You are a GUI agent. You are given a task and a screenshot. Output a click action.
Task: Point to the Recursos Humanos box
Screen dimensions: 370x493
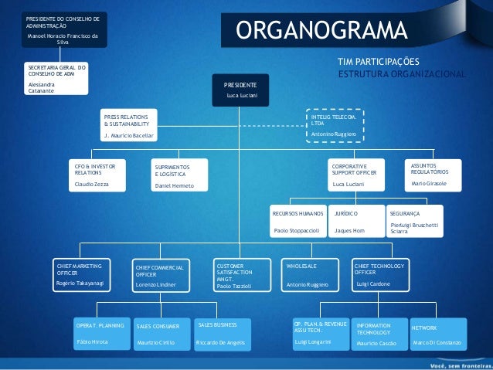pos(298,220)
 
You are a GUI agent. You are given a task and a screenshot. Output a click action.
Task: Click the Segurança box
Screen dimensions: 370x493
pos(414,220)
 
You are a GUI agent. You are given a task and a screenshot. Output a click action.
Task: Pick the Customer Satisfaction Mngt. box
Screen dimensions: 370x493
pos(241,275)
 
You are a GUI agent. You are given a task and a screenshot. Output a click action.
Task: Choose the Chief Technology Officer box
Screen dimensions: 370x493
pos(378,274)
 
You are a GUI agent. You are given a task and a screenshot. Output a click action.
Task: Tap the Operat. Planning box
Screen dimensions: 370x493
pos(100,332)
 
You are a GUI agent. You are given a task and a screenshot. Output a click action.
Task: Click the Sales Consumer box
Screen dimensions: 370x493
pos(161,333)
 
